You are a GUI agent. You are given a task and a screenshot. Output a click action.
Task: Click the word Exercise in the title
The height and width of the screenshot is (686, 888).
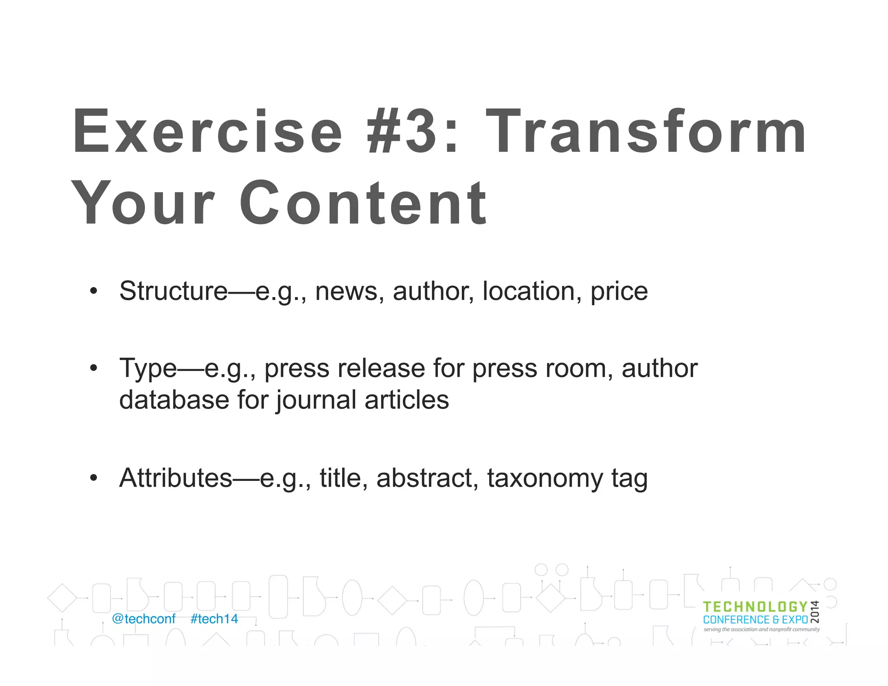click(x=207, y=131)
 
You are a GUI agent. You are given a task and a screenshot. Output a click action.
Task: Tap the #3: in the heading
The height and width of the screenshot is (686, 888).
click(x=412, y=131)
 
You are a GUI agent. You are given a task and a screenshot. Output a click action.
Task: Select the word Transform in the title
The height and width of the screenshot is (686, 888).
click(x=646, y=131)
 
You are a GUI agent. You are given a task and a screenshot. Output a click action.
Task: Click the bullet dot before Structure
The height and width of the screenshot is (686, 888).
click(x=94, y=291)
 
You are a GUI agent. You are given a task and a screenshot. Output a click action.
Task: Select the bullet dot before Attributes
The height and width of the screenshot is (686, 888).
click(x=94, y=478)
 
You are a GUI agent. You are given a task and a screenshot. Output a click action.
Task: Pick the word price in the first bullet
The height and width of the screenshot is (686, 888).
click(x=619, y=291)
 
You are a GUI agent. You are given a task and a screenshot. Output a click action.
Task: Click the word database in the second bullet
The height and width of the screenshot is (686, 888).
click(x=174, y=399)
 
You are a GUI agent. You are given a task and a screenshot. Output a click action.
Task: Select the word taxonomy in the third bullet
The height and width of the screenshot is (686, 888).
click(x=545, y=478)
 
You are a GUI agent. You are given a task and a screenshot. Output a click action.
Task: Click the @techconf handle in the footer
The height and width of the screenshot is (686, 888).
click(x=144, y=619)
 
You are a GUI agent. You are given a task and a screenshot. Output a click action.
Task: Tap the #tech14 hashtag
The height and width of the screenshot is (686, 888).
click(x=214, y=619)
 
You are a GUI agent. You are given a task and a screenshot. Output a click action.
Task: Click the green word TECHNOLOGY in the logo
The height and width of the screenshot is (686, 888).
click(x=755, y=607)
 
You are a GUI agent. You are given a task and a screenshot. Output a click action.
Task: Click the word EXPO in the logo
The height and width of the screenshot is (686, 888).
click(x=795, y=620)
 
